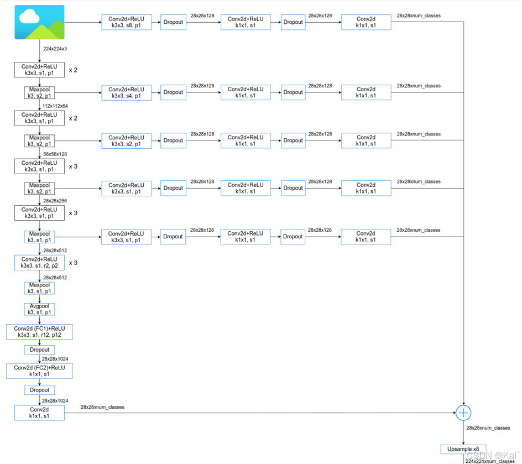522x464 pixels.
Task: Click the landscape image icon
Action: [x=39, y=22]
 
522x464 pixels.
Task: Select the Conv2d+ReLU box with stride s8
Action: [x=126, y=22]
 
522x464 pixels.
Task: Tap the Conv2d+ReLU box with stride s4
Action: [x=126, y=92]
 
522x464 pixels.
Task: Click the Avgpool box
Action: [x=39, y=309]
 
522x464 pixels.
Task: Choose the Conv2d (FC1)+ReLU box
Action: [x=39, y=332]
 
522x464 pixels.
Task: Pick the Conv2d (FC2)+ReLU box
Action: [x=39, y=371]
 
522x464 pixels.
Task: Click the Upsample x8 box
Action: [x=463, y=449]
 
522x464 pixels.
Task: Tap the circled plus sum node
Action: [x=463, y=413]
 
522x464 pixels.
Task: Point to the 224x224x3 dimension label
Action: [x=55, y=49]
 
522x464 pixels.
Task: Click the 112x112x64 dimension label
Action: [x=55, y=106]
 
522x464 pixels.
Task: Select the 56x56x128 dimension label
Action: [x=55, y=154]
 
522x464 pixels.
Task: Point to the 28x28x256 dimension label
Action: [x=55, y=201]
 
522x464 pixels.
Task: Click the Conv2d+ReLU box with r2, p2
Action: [x=39, y=263]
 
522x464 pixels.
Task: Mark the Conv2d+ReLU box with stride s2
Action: [x=126, y=140]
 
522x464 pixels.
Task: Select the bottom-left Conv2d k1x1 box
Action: [x=39, y=413]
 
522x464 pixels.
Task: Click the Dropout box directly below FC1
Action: [x=39, y=350]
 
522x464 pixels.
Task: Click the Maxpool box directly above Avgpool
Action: [x=39, y=288]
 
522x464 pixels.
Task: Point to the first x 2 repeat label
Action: [x=73, y=70]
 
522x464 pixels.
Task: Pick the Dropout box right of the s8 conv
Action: [x=173, y=22]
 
